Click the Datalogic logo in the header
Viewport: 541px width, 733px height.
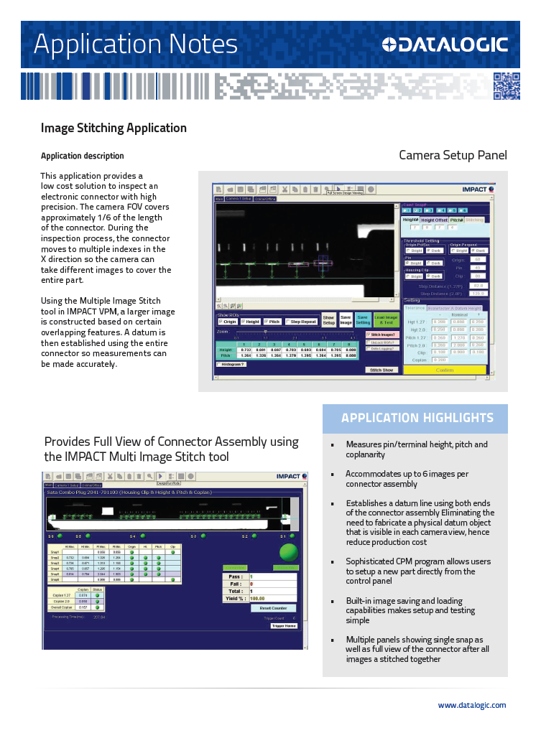click(445, 45)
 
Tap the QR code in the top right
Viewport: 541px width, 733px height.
click(506, 86)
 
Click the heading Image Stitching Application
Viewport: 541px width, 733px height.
click(114, 128)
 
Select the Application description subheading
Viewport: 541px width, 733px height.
click(82, 156)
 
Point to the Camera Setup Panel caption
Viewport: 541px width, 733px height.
click(453, 155)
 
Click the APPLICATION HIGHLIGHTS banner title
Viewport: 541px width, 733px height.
click(417, 418)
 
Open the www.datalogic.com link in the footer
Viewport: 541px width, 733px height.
click(471, 705)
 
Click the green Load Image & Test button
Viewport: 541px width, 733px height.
click(386, 320)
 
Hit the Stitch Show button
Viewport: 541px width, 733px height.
click(381, 370)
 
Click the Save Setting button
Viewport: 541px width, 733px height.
click(363, 320)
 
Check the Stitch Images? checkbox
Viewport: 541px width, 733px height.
click(369, 335)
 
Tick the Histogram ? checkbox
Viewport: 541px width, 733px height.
click(219, 364)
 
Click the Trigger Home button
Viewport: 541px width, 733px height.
click(283, 625)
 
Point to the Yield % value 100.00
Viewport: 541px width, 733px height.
click(257, 597)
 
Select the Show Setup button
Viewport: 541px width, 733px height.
click(328, 320)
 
